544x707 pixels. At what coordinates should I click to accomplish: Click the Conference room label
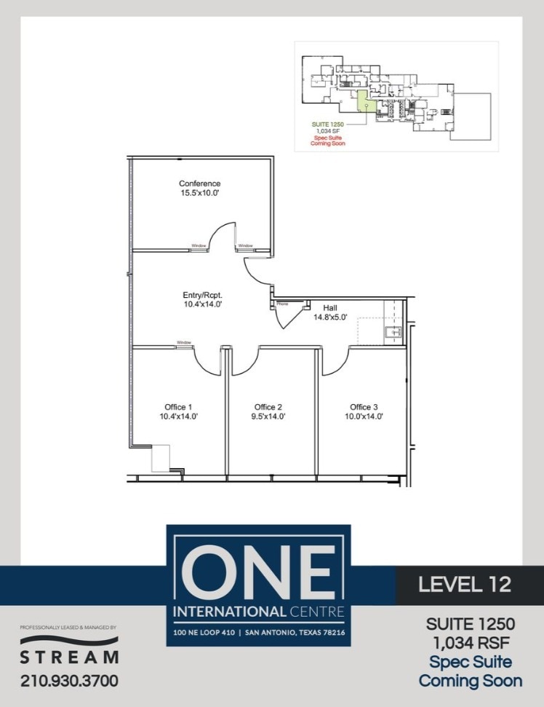coord(199,183)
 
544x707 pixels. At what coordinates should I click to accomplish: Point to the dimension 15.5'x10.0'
coord(199,194)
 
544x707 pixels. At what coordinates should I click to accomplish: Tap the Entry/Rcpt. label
coord(201,295)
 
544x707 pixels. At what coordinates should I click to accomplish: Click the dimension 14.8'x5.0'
coord(331,317)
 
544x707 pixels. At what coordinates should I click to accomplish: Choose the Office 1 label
coord(178,406)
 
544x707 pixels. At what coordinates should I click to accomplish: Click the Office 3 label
coord(364,406)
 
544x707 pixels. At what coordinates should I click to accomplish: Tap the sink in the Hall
coord(393,333)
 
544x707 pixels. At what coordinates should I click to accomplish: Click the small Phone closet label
coord(282,304)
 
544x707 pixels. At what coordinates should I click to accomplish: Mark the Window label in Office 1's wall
coord(183,342)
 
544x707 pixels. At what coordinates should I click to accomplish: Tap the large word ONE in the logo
coord(258,572)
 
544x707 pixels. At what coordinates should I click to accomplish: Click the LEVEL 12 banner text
coord(465,584)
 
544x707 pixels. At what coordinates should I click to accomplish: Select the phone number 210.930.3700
coord(69,681)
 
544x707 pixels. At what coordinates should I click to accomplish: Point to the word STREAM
coord(69,657)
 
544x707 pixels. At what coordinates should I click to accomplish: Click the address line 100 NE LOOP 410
coord(207,633)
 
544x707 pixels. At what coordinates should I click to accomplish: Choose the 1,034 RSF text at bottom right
coord(470,643)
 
